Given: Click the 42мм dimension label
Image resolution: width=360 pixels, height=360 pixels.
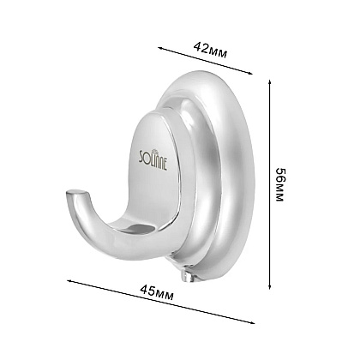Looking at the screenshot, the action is [211, 51].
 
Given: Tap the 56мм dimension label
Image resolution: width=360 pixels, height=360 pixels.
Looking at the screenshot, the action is [279, 184].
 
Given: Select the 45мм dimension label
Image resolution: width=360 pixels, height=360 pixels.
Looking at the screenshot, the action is [157, 292].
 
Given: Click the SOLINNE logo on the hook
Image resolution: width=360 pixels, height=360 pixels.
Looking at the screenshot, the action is [153, 159].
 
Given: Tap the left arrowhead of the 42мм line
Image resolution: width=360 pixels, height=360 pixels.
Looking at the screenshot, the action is [160, 48].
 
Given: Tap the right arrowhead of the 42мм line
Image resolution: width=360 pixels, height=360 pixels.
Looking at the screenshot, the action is [250, 73].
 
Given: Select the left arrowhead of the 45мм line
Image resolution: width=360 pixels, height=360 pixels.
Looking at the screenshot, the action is [69, 281].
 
